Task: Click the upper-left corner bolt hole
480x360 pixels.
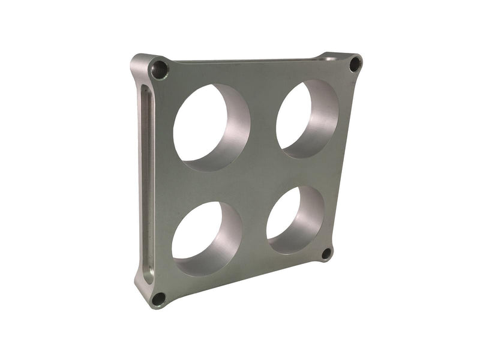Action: (160, 70)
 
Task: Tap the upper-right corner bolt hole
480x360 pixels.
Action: (355, 64)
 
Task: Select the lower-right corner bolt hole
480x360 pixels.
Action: (326, 253)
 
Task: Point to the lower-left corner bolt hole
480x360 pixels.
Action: (158, 298)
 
